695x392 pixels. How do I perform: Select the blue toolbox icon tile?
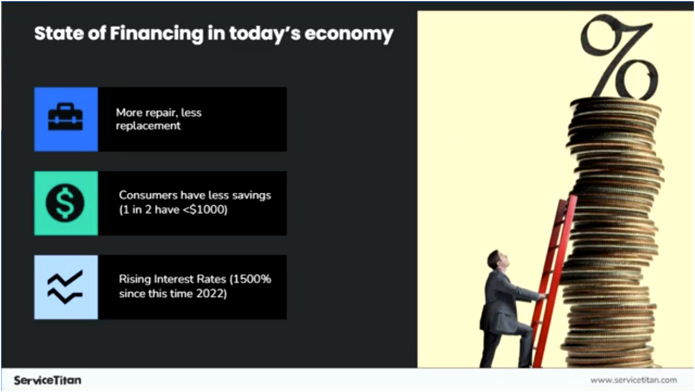pyautogui.click(x=66, y=119)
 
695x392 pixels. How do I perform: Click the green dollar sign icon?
pyautogui.click(x=66, y=203)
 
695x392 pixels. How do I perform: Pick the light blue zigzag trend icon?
pyautogui.click(x=66, y=287)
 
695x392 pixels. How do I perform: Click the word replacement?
pyautogui.click(x=148, y=126)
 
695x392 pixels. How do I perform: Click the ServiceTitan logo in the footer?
pyautogui.click(x=48, y=380)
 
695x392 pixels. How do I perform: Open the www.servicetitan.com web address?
pyautogui.click(x=633, y=380)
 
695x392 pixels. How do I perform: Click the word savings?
pyautogui.click(x=252, y=195)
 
